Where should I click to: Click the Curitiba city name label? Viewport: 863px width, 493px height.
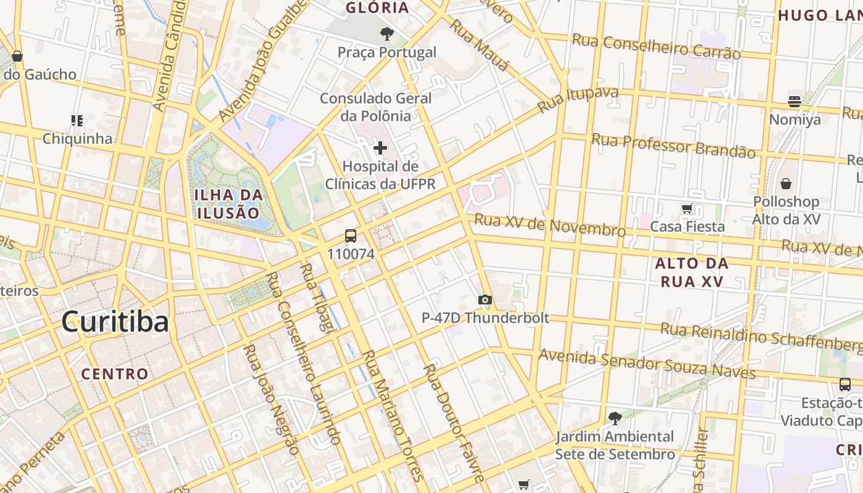[115, 322]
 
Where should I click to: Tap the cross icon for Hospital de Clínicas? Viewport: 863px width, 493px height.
[380, 148]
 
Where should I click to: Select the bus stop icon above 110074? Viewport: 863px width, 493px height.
[351, 235]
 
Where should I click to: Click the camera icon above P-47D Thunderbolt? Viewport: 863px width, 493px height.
[485, 299]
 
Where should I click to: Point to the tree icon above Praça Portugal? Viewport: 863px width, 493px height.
[387, 34]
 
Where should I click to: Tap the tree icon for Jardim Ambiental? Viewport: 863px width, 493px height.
[615, 418]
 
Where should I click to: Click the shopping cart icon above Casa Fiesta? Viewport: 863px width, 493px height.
[687, 209]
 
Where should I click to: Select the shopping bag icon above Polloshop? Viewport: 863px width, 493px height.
[786, 184]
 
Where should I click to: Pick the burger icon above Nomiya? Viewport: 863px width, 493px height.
[795, 102]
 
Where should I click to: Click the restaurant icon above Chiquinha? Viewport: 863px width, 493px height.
[77, 120]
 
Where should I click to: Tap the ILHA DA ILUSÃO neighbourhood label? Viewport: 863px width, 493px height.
[229, 204]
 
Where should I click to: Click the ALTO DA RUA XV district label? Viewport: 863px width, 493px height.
[692, 272]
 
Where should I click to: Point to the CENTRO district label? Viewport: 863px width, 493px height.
[115, 373]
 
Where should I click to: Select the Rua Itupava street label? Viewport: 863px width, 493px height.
[578, 100]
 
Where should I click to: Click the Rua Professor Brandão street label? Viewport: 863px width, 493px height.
[673, 146]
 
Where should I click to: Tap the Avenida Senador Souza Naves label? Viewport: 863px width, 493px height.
[647, 364]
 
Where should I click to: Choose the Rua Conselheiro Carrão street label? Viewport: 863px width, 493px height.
[656, 47]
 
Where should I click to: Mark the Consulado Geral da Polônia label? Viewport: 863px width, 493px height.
[375, 107]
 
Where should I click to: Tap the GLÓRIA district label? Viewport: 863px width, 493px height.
[378, 8]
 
